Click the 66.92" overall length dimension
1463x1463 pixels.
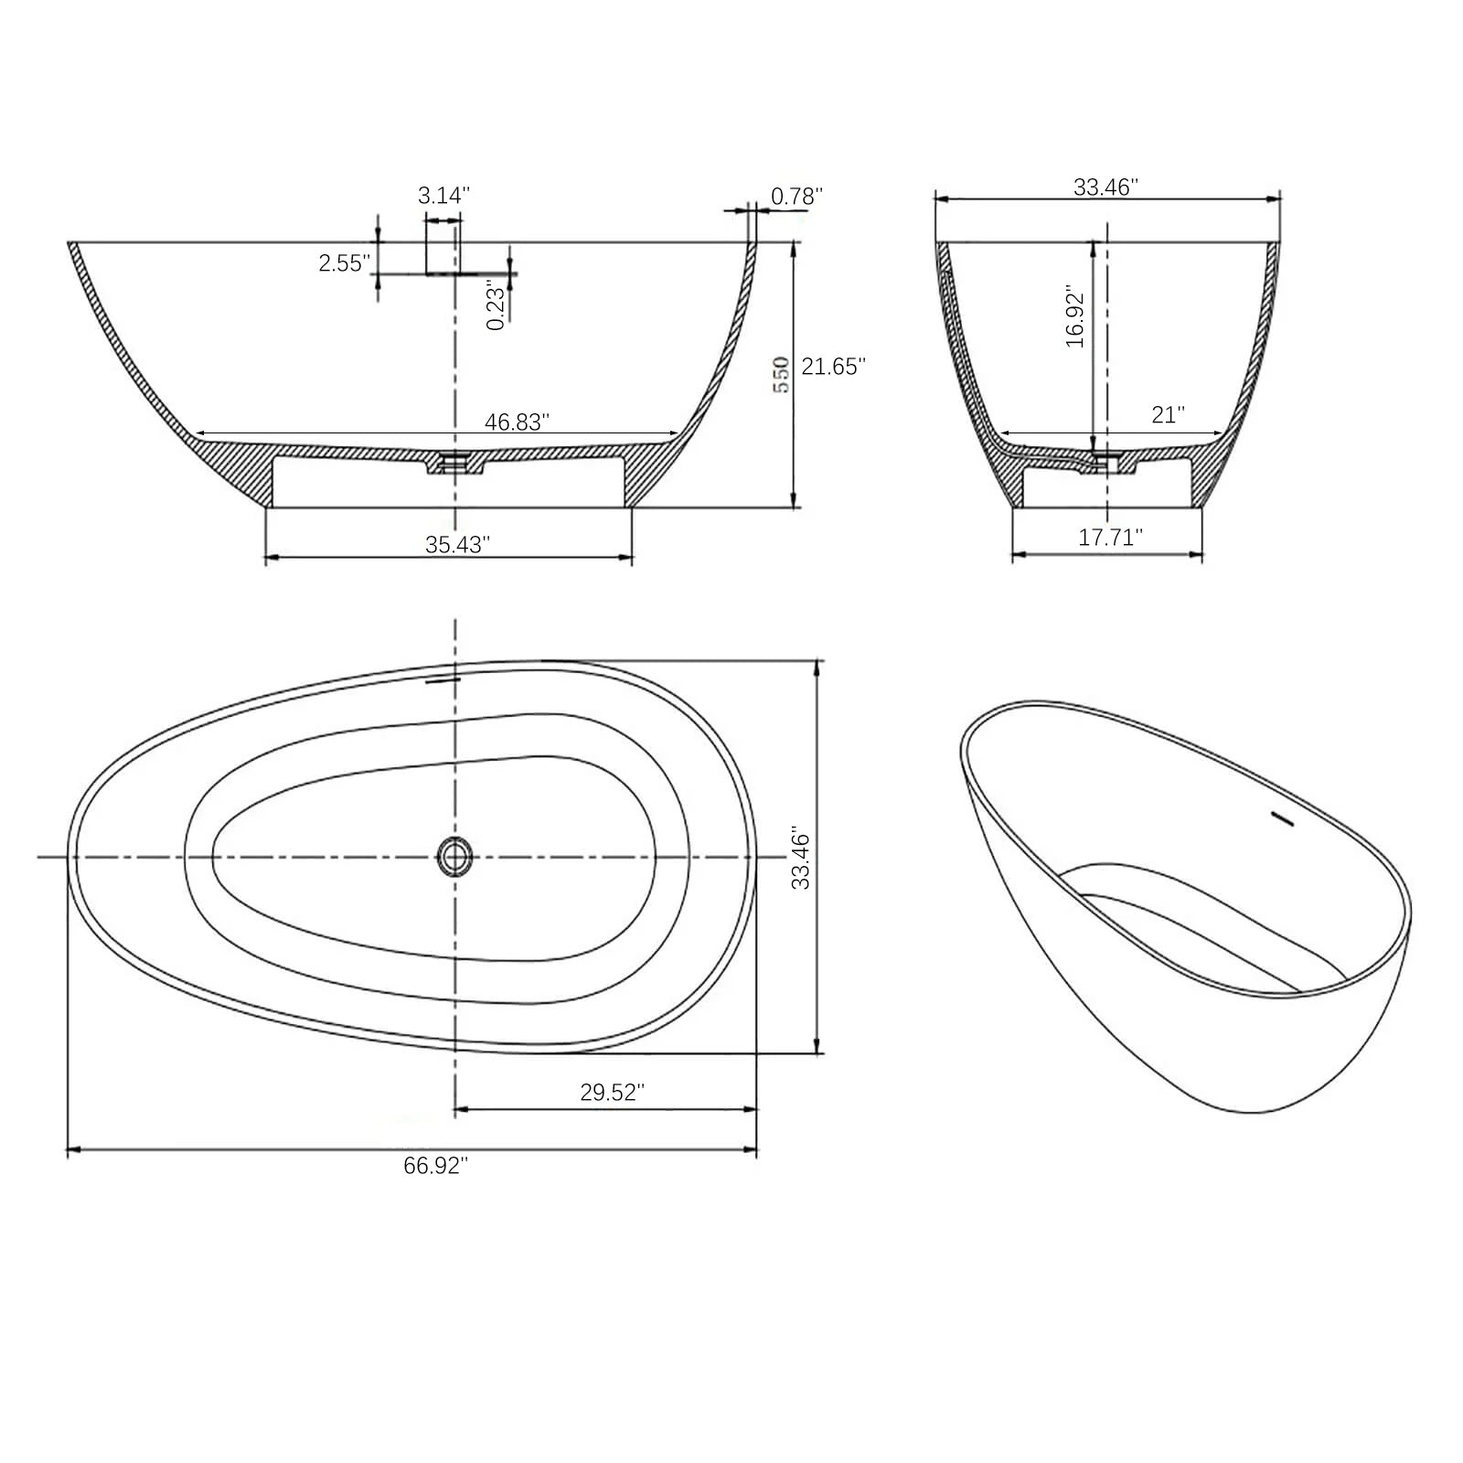tap(435, 1166)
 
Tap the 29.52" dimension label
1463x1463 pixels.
tap(612, 1092)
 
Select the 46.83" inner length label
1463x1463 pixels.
tap(517, 422)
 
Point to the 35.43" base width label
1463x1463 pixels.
tap(457, 544)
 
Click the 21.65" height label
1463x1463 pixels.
tap(833, 366)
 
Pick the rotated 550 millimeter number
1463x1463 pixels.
tap(782, 375)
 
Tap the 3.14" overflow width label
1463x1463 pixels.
tap(443, 195)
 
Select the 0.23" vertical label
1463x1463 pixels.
tap(496, 306)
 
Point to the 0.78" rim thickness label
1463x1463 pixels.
tap(796, 196)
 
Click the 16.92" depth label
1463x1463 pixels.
tap(1075, 317)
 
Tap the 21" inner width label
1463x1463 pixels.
tap(1168, 415)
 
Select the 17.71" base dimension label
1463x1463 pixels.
tap(1110, 537)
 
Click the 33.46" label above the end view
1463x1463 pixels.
tap(1105, 187)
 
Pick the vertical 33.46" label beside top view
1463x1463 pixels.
tap(801, 860)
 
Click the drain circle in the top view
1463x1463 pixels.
tap(454, 856)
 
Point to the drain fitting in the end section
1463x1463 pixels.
tap(1106, 461)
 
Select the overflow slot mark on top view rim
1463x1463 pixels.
tap(443, 679)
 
